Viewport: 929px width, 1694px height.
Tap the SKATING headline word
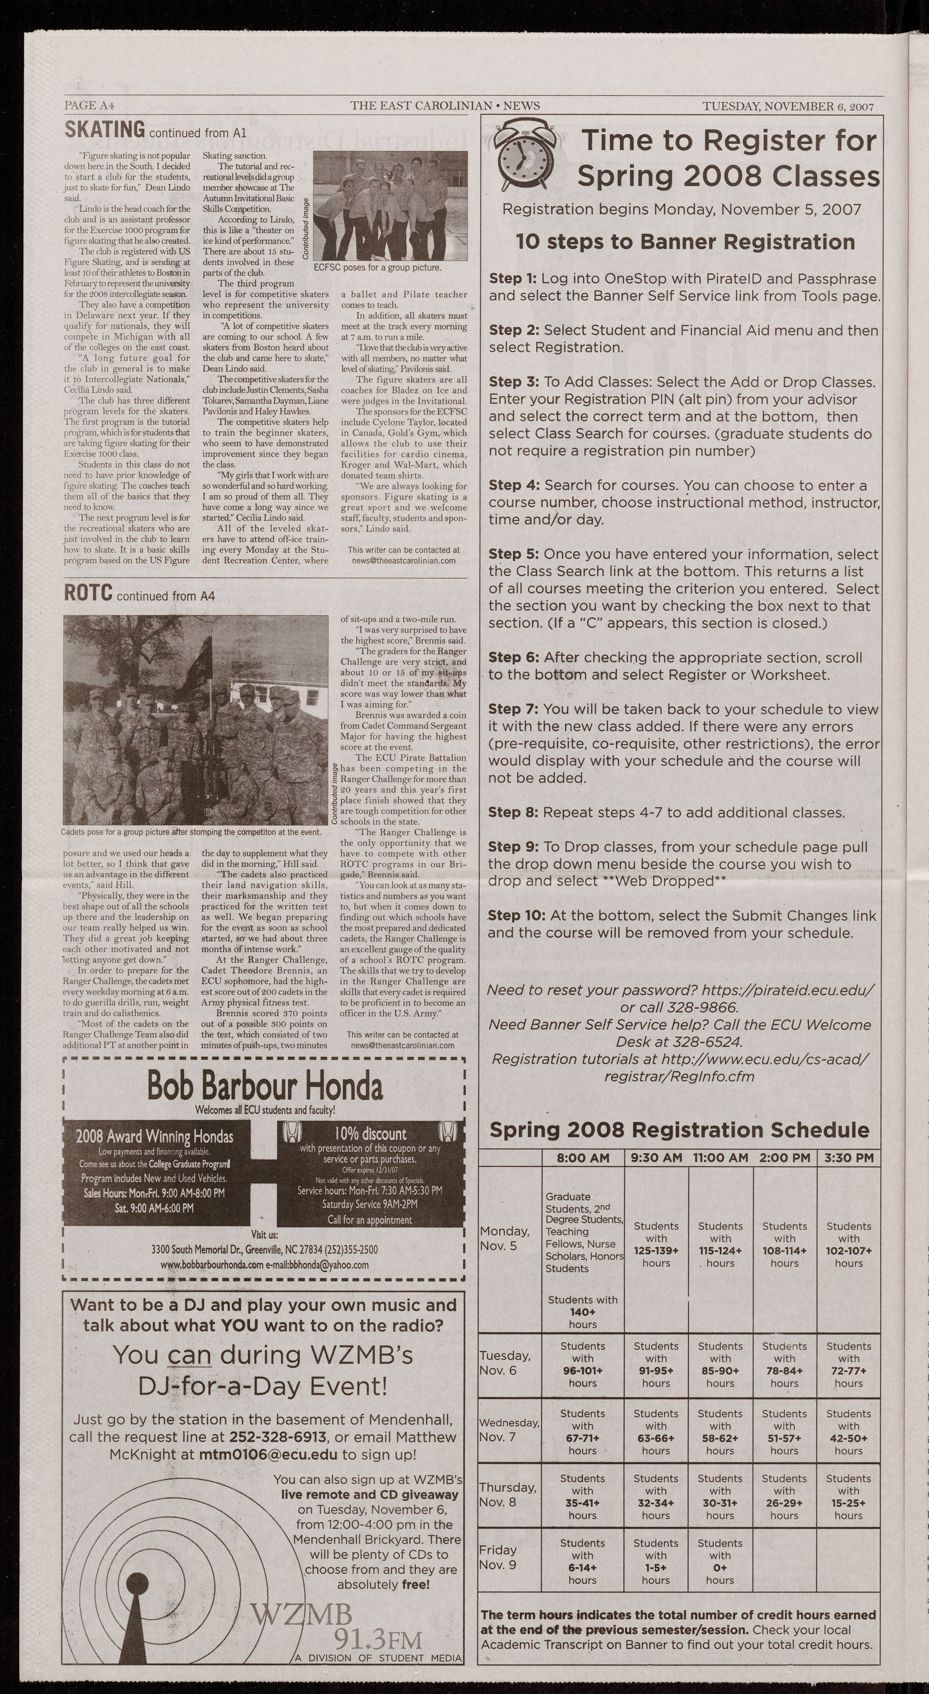[105, 130]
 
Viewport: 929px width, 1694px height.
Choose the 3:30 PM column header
[848, 1157]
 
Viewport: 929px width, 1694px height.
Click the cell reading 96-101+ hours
[582, 1365]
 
